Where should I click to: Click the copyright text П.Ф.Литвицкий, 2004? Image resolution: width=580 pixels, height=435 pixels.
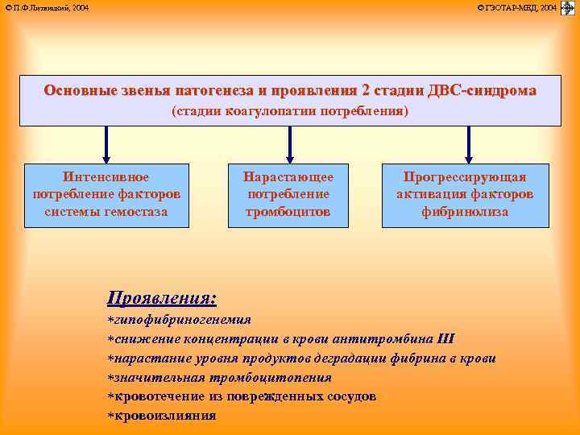47,7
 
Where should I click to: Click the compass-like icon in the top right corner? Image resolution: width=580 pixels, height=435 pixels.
567,8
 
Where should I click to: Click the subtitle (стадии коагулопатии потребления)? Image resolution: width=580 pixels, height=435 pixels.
290,111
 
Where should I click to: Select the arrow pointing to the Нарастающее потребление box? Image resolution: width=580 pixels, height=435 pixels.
289,145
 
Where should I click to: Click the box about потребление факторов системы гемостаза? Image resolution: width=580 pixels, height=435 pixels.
106,194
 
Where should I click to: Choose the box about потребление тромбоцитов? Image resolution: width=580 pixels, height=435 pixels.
288,194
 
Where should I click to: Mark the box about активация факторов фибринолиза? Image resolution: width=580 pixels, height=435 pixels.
464,194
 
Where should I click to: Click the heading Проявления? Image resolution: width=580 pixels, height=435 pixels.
162,298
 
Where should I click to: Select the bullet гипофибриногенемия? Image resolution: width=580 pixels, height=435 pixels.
182,319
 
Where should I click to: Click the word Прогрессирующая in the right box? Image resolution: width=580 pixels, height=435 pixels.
465,177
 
